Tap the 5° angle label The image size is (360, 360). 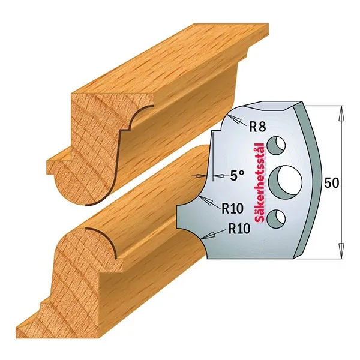237,176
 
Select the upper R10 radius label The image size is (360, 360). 232,208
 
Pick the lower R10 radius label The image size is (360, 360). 239,228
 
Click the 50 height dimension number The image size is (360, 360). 332,183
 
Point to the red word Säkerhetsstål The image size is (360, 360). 260,183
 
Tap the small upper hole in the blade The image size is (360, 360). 276,146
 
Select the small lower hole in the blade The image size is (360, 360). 276,218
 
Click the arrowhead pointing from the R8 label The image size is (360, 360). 235,118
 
